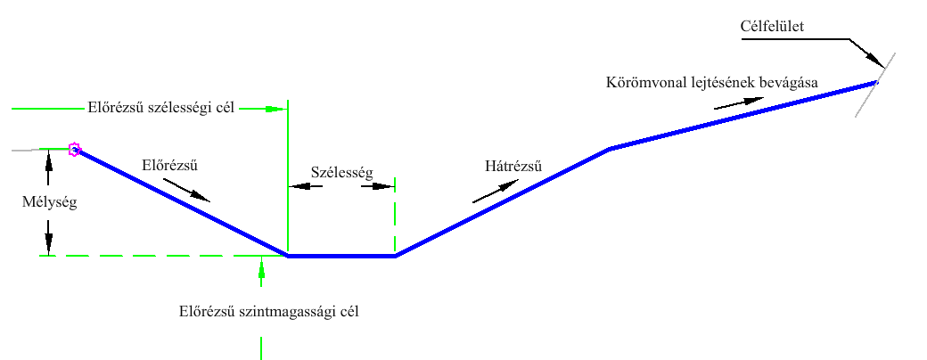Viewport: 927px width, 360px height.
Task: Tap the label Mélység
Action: [x=50, y=203]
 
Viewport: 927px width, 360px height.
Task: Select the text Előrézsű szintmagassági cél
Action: [x=269, y=311]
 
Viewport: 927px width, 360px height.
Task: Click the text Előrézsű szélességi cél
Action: [x=160, y=108]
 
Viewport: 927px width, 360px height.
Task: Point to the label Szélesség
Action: [x=341, y=173]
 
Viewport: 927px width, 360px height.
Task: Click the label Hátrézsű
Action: [x=513, y=166]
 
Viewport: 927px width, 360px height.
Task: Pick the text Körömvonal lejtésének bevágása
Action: [x=712, y=82]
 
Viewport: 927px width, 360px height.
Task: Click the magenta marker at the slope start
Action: [x=74, y=149]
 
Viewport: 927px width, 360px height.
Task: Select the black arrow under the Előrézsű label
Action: [x=186, y=191]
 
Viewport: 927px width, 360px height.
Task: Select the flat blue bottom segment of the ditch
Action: [x=341, y=256]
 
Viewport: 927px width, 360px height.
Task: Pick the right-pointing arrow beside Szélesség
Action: [x=378, y=186]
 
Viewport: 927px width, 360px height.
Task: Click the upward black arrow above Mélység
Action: [x=48, y=168]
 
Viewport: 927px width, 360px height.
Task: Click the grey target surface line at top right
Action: [x=875, y=85]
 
